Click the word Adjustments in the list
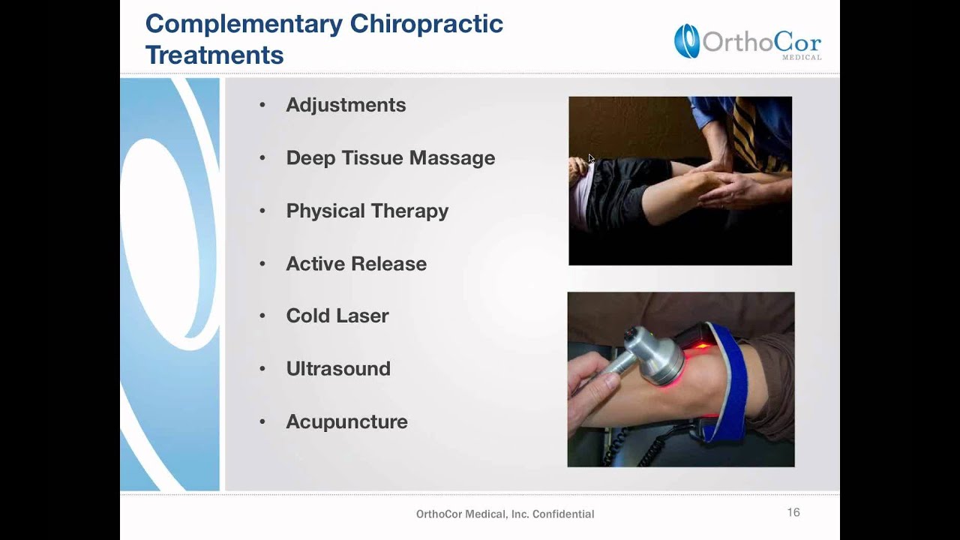(x=346, y=105)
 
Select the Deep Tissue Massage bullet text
(x=390, y=158)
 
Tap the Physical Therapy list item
(x=367, y=211)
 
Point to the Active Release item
(x=356, y=264)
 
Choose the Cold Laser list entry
(x=337, y=316)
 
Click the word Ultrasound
(x=338, y=369)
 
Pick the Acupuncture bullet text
(x=346, y=421)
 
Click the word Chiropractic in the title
(x=427, y=24)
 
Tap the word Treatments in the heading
(x=214, y=55)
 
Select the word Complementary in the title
(x=243, y=24)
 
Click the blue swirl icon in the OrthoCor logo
(x=686, y=40)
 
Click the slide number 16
(x=793, y=512)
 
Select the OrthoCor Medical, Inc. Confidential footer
(x=505, y=514)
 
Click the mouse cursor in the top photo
(x=591, y=158)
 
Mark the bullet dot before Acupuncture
(x=262, y=422)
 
